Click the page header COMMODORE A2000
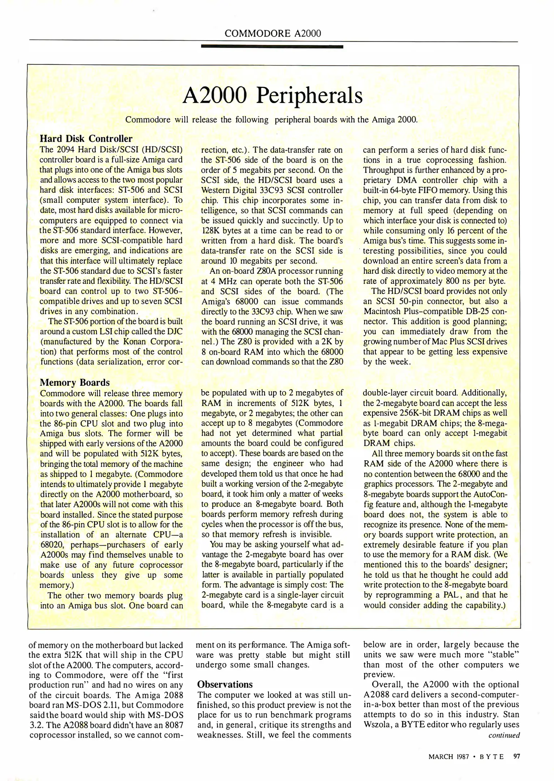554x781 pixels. tap(272, 34)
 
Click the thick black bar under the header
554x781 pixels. tap(272, 47)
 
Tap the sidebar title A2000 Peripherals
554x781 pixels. tap(272, 95)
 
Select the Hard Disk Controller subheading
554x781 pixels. tap(86, 138)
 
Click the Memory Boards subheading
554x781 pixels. tap(74, 383)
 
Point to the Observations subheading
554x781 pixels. tap(225, 684)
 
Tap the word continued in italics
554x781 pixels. tap(504, 735)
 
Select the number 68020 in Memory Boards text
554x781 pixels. tap(52, 545)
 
